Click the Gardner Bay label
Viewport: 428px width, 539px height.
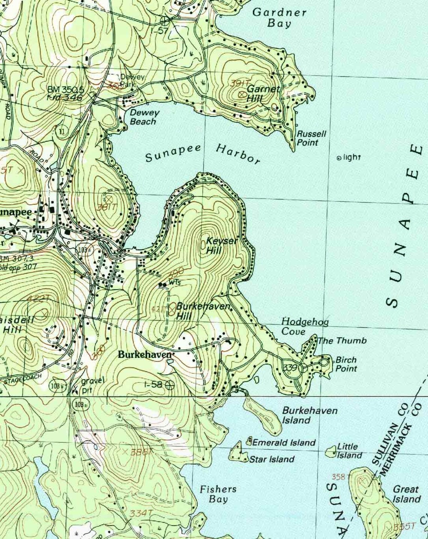click(x=279, y=18)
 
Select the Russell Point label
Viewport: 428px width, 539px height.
click(x=311, y=138)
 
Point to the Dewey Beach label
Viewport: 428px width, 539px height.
click(x=144, y=117)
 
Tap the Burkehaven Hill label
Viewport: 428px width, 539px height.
click(x=202, y=311)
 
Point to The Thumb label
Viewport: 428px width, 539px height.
click(x=342, y=341)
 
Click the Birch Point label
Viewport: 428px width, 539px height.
click(x=346, y=364)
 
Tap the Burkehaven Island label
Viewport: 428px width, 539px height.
click(x=309, y=415)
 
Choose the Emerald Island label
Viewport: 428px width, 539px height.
click(x=284, y=443)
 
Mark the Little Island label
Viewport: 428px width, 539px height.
click(x=349, y=451)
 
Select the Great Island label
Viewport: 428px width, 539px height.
click(x=406, y=494)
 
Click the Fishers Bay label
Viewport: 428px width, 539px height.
click(x=218, y=494)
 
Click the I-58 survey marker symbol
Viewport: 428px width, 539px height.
click(x=170, y=384)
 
